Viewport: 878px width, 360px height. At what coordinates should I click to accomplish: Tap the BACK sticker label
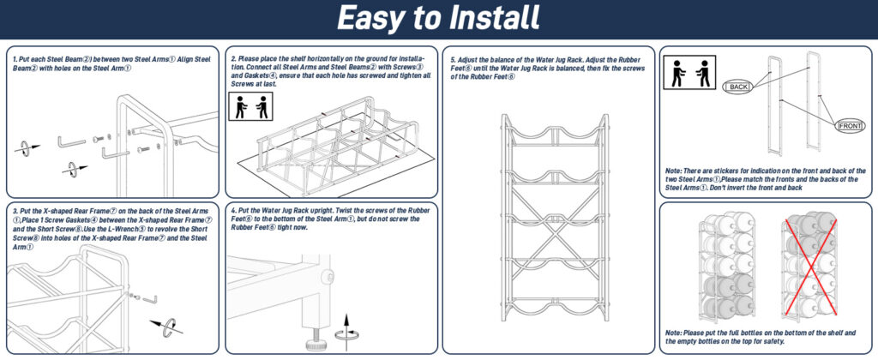click(739, 87)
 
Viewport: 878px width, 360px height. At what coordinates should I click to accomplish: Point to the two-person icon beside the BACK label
click(693, 74)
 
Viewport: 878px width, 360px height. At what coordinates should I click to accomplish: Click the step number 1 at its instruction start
click(15, 58)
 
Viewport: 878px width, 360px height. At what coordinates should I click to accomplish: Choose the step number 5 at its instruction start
click(453, 58)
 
